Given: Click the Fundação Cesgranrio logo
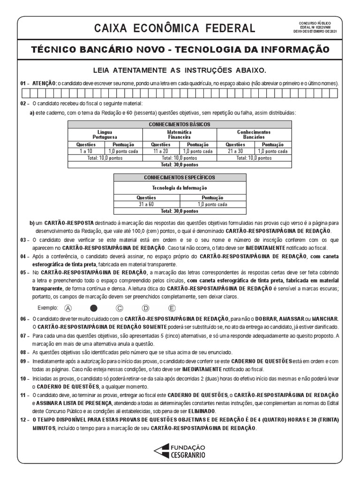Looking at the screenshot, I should tap(180, 451).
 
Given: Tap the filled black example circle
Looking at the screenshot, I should tap(94, 308).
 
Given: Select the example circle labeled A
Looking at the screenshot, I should tap(69, 308).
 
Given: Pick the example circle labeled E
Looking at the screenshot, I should tap(172, 308).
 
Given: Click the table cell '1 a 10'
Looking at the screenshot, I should tap(86, 151).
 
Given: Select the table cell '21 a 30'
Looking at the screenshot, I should tap(235, 151).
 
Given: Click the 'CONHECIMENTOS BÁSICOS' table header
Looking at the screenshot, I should tap(180, 125).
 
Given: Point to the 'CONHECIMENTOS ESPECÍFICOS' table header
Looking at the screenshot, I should tap(180, 178).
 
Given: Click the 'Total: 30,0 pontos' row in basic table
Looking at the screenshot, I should tap(180, 165).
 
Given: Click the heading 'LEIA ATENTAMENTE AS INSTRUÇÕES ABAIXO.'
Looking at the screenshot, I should tap(180, 70).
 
